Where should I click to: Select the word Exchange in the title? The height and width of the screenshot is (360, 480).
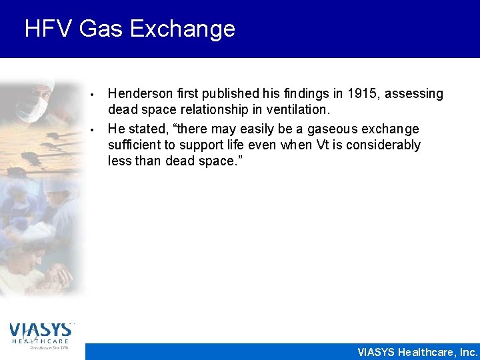[183, 29]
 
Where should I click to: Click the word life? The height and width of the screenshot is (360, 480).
[219, 145]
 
